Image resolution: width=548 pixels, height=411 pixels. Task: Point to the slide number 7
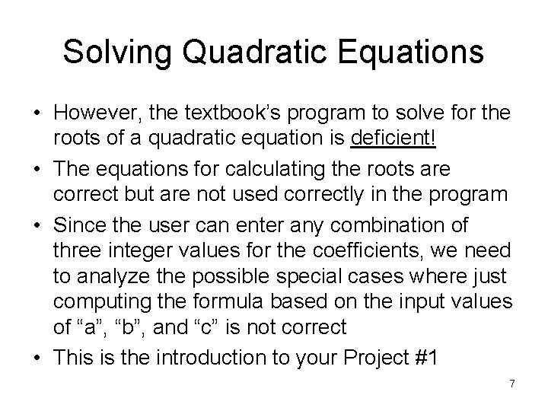click(x=512, y=384)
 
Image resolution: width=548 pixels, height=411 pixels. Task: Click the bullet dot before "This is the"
click(x=38, y=355)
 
